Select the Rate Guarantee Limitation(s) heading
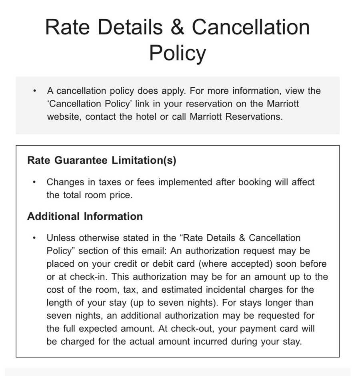tap(102, 161)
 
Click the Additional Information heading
tap(85, 217)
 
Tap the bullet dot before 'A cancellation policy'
tap(35, 91)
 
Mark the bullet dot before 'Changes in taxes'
tap(35, 182)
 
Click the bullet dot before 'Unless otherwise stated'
tap(35, 238)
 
